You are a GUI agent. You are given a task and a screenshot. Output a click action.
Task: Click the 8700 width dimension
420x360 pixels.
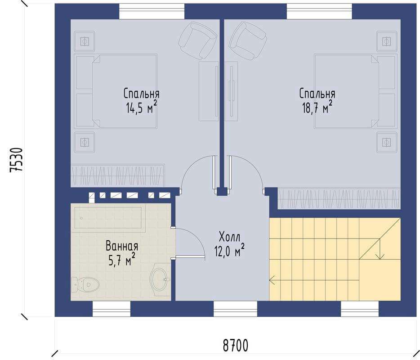(236, 345)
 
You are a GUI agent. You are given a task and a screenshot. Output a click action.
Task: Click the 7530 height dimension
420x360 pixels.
(16, 160)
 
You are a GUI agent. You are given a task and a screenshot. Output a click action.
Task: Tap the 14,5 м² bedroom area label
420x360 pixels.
(142, 108)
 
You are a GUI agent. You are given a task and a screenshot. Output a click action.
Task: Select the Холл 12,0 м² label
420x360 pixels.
(229, 244)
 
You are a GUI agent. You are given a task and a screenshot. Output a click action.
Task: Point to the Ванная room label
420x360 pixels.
(122, 246)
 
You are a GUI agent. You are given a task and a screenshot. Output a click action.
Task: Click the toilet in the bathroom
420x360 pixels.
(85, 284)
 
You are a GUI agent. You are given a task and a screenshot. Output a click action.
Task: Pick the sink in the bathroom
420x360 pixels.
(160, 279)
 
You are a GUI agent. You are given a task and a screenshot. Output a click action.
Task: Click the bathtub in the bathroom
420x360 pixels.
(108, 217)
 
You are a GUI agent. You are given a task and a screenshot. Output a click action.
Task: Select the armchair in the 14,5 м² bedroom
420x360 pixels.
(197, 40)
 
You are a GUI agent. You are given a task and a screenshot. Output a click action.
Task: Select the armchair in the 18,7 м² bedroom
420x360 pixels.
(248, 40)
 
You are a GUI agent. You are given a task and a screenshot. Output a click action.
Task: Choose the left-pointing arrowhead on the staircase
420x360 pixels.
(272, 280)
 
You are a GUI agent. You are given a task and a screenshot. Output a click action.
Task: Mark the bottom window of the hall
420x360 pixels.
(235, 309)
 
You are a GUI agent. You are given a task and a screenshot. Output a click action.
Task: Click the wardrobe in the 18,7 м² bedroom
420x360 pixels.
(339, 198)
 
